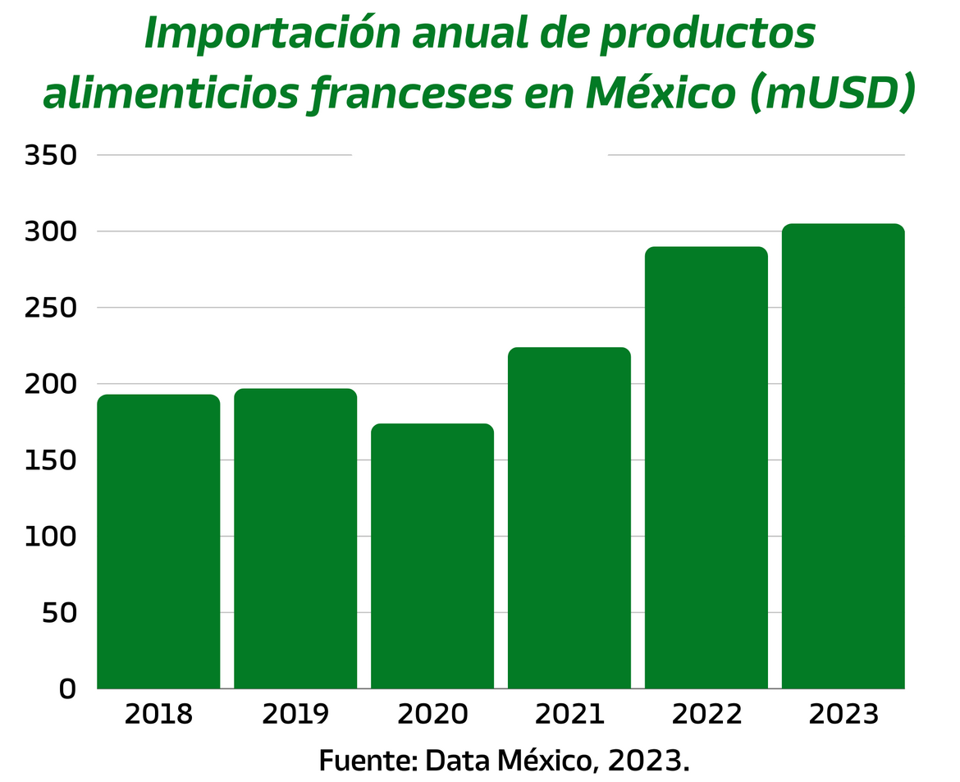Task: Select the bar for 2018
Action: point(158,542)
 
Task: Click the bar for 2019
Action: point(295,538)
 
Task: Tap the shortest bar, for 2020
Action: point(432,556)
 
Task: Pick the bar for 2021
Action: point(569,518)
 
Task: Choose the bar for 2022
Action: point(706,468)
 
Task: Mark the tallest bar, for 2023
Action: point(843,456)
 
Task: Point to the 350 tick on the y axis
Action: point(50,155)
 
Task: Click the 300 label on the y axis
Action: point(50,231)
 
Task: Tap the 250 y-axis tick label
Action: point(50,308)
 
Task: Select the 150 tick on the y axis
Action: point(50,460)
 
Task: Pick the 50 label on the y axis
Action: point(59,613)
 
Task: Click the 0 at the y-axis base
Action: point(67,689)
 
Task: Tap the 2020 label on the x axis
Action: point(432,715)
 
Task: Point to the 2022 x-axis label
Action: point(706,715)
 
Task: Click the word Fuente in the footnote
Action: point(366,760)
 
